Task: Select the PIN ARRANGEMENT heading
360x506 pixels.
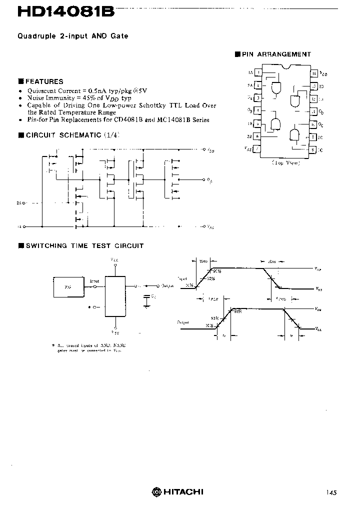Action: (x=276, y=54)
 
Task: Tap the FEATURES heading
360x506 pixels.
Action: (x=44, y=81)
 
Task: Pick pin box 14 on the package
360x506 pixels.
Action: (x=313, y=73)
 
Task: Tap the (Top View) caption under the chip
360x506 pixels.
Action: (x=286, y=163)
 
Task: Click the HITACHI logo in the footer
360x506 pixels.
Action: (x=178, y=491)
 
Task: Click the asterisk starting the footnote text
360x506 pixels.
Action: (x=53, y=345)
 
